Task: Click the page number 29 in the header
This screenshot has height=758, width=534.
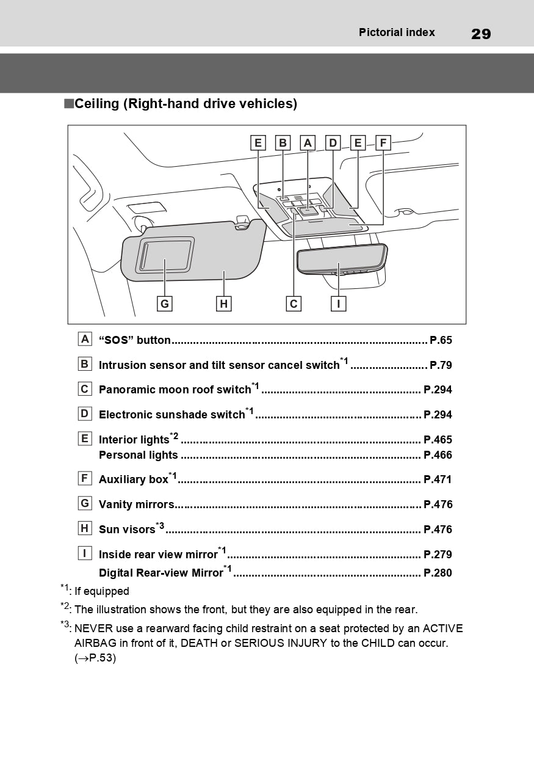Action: [481, 34]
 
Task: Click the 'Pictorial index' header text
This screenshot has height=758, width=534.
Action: [397, 32]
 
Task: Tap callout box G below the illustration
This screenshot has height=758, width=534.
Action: [164, 304]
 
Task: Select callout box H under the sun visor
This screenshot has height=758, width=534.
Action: [224, 304]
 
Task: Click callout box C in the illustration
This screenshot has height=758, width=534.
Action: [294, 304]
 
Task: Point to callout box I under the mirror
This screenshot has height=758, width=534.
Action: [338, 304]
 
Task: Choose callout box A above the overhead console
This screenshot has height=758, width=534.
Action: [308, 143]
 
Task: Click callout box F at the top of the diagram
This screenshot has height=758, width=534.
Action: [383, 143]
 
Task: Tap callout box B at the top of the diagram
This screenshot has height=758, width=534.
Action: [283, 143]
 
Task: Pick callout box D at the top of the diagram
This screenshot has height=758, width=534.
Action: [333, 143]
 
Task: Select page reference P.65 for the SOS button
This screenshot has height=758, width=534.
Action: [441, 340]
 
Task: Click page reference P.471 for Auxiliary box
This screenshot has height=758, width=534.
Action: [438, 479]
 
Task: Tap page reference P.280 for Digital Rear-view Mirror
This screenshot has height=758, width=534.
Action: [438, 573]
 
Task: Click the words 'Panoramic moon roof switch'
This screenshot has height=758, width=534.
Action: [175, 390]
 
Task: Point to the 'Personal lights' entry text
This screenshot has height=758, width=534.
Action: [139, 455]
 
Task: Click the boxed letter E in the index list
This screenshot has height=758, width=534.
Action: [85, 439]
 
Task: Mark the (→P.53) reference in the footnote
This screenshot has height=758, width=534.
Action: [95, 658]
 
